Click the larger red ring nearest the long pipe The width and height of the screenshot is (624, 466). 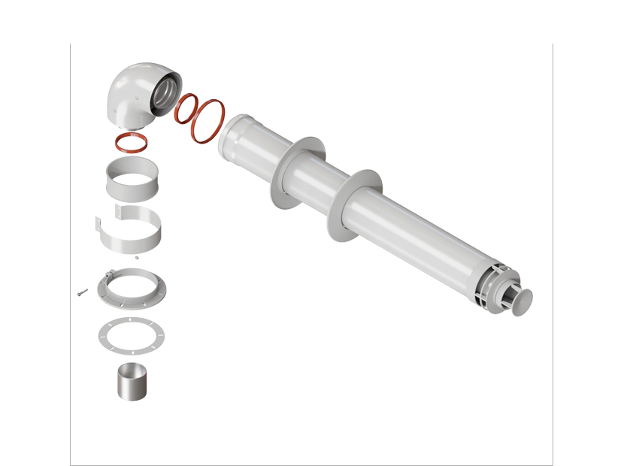coord(208,119)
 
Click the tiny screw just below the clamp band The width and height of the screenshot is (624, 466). coord(138,259)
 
